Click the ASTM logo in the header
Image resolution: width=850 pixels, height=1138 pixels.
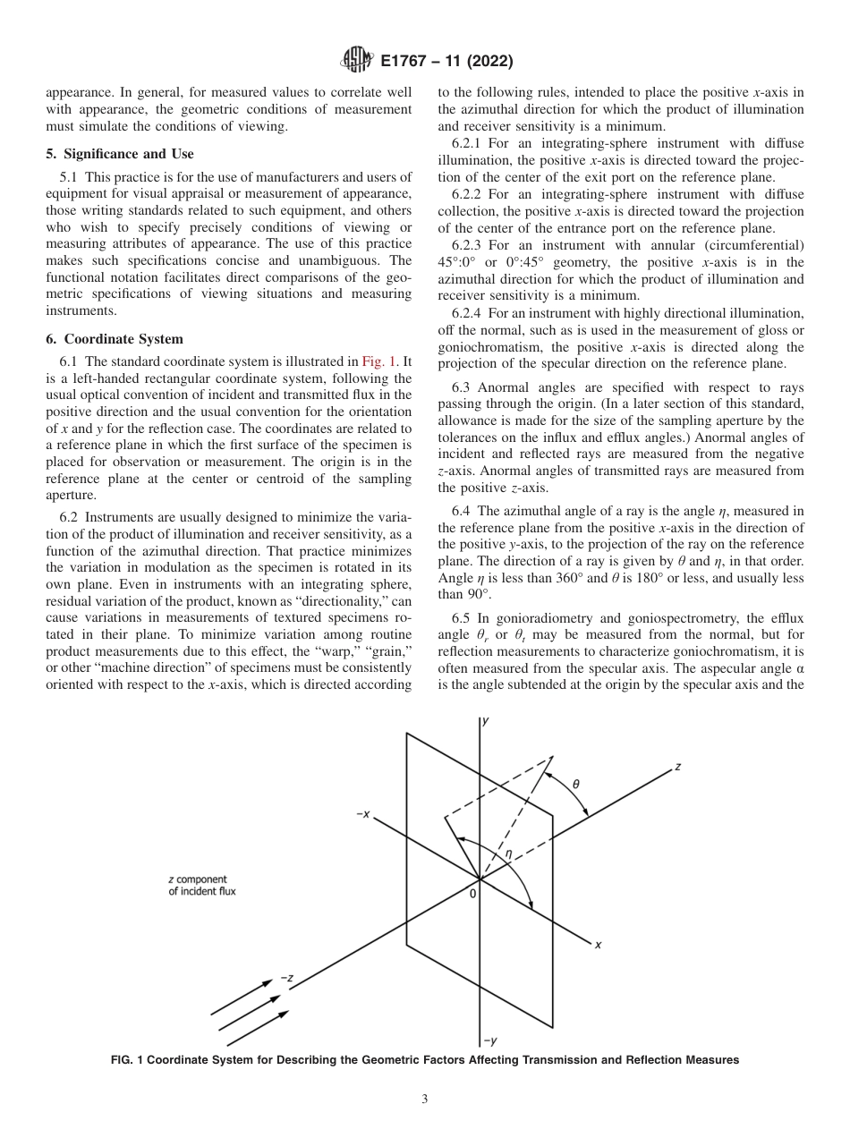tap(357, 61)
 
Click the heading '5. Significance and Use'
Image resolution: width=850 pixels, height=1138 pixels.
tap(119, 154)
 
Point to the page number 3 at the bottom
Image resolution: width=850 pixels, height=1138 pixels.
tap(425, 1100)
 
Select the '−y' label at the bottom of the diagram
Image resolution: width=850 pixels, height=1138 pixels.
tap(490, 1040)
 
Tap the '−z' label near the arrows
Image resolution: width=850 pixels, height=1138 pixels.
tap(287, 978)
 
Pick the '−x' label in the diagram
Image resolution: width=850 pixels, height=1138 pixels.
tap(363, 814)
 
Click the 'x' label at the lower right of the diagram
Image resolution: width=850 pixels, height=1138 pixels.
tap(598, 944)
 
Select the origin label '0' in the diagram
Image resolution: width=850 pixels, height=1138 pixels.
tap(473, 893)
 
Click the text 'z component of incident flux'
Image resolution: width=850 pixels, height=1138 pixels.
tap(202, 886)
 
